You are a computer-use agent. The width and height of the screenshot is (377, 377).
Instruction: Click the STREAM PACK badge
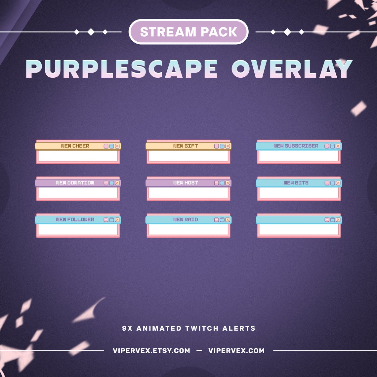188,32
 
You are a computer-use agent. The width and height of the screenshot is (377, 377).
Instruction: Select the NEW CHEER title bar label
75,146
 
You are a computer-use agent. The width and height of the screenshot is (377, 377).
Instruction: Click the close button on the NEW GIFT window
228,146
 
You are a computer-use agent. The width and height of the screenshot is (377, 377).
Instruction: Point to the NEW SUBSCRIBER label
296,146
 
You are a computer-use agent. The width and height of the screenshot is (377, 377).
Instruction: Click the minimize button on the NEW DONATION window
106,183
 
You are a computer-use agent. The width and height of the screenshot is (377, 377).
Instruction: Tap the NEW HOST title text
186,183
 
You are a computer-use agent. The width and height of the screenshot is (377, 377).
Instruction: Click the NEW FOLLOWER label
75,220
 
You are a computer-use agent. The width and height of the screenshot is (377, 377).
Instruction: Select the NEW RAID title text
186,220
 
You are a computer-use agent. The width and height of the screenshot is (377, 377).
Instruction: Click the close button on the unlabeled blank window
338,220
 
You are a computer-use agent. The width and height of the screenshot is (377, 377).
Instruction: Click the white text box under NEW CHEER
78,156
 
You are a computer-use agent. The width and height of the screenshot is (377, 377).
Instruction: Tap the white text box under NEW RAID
188,230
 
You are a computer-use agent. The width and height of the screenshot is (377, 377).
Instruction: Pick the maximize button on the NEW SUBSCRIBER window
332,146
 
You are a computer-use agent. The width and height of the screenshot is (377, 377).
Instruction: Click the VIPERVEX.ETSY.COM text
151,351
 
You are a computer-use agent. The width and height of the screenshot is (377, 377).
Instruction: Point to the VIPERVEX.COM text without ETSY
236,351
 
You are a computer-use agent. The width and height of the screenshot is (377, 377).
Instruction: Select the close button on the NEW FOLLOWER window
117,220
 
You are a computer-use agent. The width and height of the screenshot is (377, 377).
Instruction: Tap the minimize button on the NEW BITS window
327,183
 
